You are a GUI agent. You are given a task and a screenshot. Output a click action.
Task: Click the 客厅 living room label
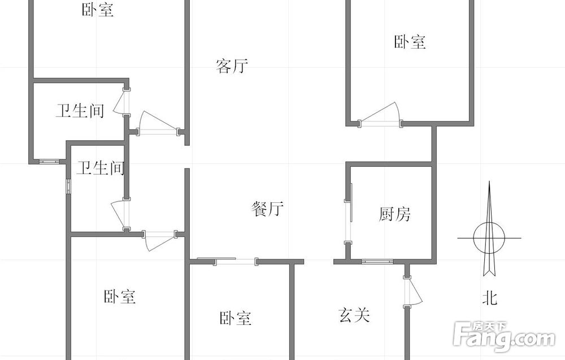pos(232,66)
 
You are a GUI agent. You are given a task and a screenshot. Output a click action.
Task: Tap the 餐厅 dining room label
pos(267,209)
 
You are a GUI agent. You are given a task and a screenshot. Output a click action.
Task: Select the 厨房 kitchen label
pos(394,214)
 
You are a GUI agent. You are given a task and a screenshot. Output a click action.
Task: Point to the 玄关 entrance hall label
pos(354,315)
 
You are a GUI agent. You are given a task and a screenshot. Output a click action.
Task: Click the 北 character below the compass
pos(489,298)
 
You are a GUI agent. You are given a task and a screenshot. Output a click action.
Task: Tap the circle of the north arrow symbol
pos(489,238)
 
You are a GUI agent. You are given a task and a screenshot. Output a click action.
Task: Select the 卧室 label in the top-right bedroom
pos(410,42)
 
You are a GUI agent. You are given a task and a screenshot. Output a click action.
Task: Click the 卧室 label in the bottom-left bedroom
pos(120,297)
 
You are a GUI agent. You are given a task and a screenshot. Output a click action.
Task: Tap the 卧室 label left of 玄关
pos(235,318)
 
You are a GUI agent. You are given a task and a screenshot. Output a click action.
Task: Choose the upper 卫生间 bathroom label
pos(80,110)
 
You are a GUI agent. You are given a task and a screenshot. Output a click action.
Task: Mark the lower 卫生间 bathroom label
pos(101,168)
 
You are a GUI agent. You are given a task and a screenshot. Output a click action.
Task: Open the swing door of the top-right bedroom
pos(380,115)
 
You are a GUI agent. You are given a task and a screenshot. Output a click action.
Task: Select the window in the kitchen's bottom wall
pos(377,261)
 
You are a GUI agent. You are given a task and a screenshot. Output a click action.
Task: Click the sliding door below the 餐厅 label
pos(235,261)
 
